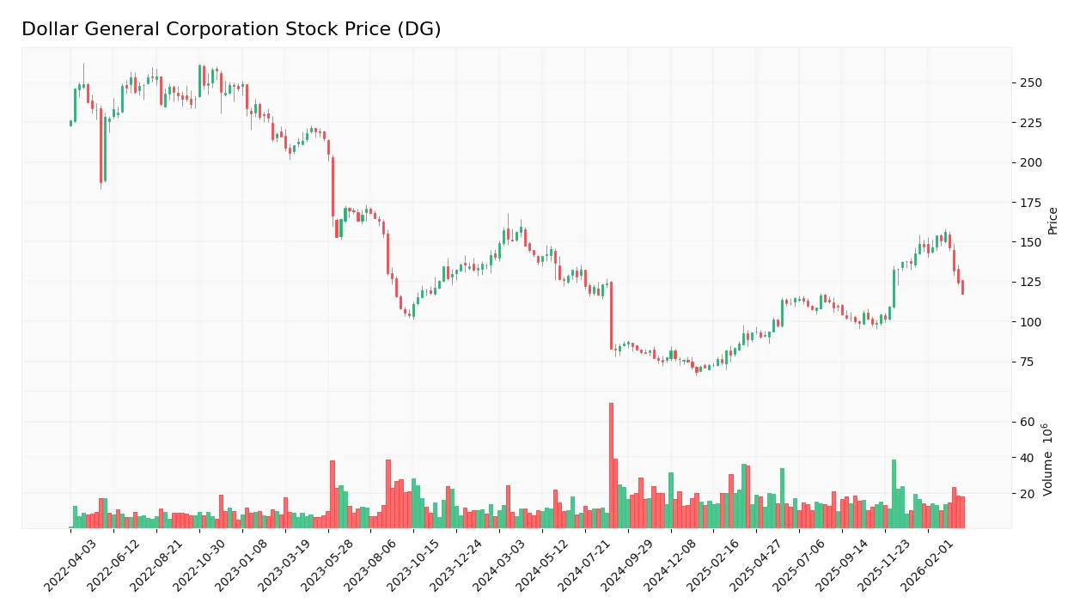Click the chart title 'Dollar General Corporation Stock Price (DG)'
coord(231,29)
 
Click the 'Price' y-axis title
coord(1053,221)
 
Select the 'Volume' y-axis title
coord(1049,459)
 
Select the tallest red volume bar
coord(611,465)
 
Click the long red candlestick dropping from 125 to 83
coord(611,315)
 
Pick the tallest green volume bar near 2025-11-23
coord(894,494)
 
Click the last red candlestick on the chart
coord(962,288)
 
